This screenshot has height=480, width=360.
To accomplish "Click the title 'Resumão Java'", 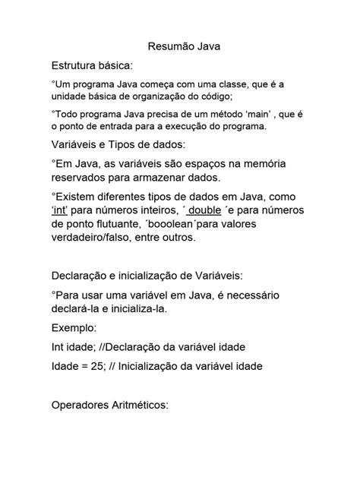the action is [179, 46].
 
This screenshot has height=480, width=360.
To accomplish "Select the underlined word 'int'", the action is [64, 209].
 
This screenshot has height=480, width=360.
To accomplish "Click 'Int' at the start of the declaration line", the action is [58, 348].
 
